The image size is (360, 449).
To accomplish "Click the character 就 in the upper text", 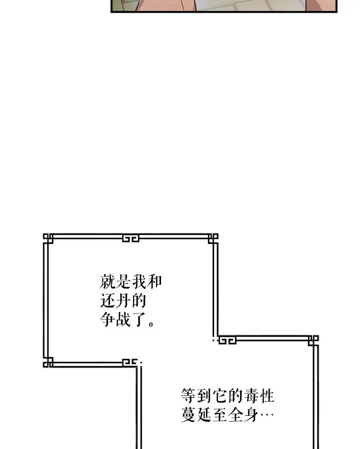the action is point(107,282).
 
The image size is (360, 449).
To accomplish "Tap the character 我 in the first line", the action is point(139,282).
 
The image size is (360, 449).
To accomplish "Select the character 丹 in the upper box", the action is point(123,300).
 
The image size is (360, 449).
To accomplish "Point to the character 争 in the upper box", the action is point(107,319).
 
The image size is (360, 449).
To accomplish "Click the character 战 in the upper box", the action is point(123,319).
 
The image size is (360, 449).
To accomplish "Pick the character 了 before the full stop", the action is point(139,319).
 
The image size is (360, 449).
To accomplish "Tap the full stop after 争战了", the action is point(151,324).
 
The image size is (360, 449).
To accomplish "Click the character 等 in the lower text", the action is point(189,396).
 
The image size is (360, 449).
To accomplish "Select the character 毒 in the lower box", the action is point(251,396).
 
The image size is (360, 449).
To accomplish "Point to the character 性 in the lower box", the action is point(267,396).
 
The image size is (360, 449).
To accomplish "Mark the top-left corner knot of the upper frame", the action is point(48,239).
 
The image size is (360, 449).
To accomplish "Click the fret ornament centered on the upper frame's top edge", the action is point(131,238).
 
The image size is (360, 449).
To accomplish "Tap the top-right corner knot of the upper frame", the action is point(213,239).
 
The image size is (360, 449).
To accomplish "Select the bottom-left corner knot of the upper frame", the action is point(48,362).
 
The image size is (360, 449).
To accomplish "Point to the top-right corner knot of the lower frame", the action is point(313,341).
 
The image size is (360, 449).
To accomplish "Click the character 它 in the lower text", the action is point(220,396).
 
